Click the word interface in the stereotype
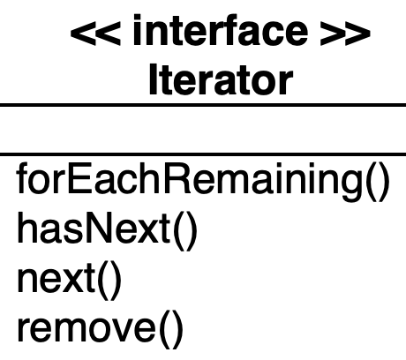(x=221, y=30)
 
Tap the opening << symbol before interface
(x=95, y=34)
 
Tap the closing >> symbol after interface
(x=345, y=34)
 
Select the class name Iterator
(x=222, y=79)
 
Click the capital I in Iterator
(x=153, y=79)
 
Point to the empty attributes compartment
(x=203, y=129)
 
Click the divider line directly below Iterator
(x=203, y=105)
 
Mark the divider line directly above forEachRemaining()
(x=203, y=154)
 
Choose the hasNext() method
(x=107, y=231)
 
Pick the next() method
(x=70, y=281)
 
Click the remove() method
(x=101, y=329)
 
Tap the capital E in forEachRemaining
(x=81, y=178)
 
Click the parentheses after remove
(x=171, y=330)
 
